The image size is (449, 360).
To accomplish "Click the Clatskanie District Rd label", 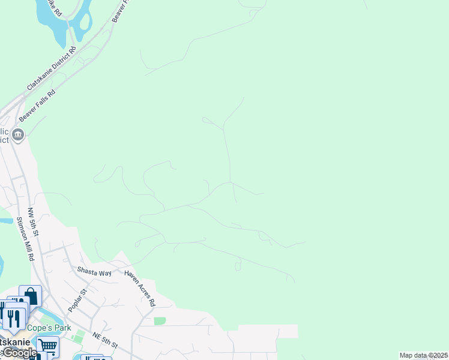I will pyautogui.click(x=51, y=69).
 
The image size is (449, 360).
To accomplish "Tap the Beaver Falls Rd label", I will pyautogui.click(x=37, y=104).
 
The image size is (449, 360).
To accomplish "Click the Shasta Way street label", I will pyautogui.click(x=94, y=271).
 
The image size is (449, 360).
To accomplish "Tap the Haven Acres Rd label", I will pyautogui.click(x=140, y=287).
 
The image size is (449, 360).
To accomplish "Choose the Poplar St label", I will pyautogui.click(x=77, y=300).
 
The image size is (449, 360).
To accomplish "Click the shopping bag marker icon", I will pyautogui.click(x=31, y=296).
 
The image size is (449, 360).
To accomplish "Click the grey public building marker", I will pyautogui.click(x=19, y=134).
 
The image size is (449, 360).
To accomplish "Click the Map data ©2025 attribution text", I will pyautogui.click(x=423, y=355).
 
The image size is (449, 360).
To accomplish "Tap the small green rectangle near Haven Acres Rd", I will pyautogui.click(x=159, y=321).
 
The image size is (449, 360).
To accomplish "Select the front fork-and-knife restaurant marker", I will pyautogui.click(x=14, y=317).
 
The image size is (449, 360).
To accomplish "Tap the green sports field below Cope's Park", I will pyautogui.click(x=78, y=335).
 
